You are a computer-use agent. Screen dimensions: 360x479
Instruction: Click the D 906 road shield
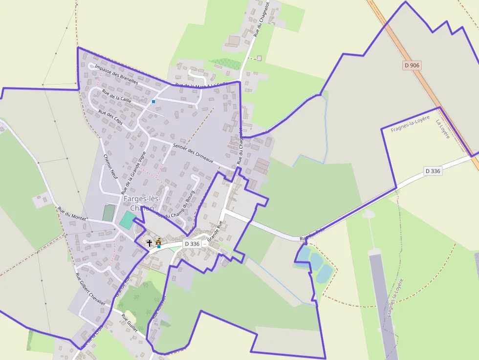point(412,65)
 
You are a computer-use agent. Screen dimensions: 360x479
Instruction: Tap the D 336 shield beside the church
point(193,243)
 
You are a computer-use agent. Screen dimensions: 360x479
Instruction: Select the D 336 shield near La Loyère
point(433,171)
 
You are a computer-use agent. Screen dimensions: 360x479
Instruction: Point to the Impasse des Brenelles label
point(116,75)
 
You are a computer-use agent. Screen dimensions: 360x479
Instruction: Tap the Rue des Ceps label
point(110,118)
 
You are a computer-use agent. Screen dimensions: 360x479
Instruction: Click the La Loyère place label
point(442,128)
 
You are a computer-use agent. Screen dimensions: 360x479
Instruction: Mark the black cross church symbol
point(149,242)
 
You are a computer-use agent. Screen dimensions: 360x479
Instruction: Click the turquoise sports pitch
point(127,220)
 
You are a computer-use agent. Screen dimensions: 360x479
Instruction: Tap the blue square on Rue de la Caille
point(153,102)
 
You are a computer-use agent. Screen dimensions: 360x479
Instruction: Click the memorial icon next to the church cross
point(158,241)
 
